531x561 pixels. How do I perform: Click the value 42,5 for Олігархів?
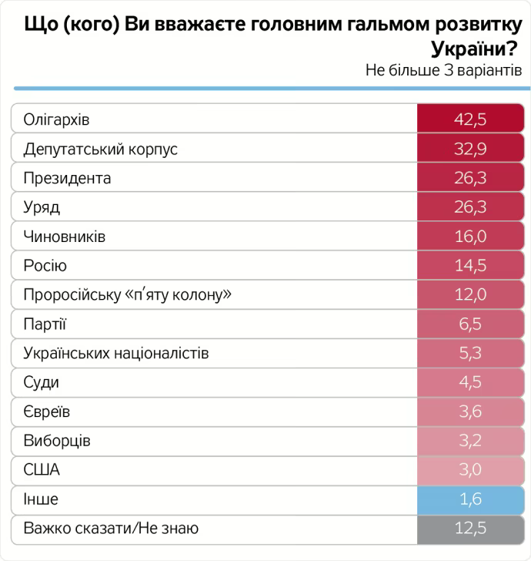[470, 120]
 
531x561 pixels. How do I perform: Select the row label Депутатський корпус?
[101, 149]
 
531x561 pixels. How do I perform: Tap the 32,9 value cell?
[470, 149]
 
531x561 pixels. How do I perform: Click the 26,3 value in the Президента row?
[470, 179]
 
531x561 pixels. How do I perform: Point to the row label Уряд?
[42, 208]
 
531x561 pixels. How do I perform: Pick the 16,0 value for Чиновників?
[470, 237]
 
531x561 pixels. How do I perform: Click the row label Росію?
[45, 266]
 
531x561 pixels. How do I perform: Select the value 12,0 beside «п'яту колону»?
[470, 295]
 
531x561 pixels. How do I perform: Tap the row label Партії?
[45, 324]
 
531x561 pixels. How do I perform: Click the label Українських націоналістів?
[116, 354]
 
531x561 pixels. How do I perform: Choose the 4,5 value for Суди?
[470, 382]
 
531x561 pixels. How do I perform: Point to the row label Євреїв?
[47, 412]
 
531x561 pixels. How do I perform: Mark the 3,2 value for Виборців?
[470, 441]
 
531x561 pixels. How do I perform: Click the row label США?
[42, 470]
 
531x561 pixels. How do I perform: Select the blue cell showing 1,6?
[470, 499]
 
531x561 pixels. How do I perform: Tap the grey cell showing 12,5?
[470, 528]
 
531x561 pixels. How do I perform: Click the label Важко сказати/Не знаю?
[111, 528]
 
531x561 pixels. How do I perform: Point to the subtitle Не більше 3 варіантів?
[444, 70]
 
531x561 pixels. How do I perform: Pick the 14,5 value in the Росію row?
[470, 266]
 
